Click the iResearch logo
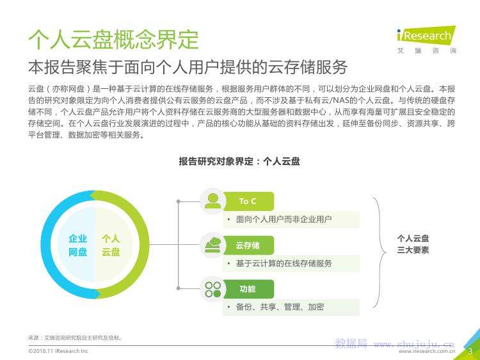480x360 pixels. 426,40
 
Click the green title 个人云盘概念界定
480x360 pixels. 113,40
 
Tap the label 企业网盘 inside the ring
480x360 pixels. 77,245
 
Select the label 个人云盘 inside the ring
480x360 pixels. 111,245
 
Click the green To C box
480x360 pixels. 248,201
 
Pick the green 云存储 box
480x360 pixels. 248,246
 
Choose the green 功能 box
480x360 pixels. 248,289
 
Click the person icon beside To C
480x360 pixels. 212,201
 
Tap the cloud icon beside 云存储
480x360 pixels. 212,245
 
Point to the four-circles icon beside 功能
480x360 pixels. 212,290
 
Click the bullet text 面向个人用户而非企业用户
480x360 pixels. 284,219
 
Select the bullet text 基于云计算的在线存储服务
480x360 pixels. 284,263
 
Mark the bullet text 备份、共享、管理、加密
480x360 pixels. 280,307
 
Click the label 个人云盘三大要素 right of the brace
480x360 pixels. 413,244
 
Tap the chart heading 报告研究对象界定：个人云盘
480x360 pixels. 239,161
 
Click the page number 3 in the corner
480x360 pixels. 470,352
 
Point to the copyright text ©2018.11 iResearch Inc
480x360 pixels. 58,351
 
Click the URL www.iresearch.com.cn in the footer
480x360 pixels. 427,352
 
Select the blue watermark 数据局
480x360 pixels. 351,343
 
